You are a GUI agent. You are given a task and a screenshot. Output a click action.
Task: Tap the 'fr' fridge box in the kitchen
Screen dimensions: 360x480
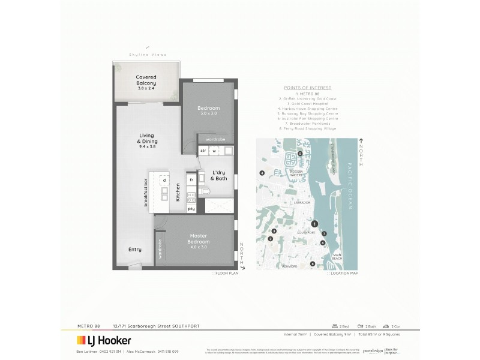[x=191, y=180]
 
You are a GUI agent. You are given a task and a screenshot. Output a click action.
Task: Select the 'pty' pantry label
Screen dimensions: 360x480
[x=191, y=209]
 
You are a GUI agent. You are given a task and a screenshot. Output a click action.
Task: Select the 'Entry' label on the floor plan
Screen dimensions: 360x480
[x=135, y=250]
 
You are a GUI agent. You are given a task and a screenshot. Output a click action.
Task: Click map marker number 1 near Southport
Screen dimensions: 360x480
[x=314, y=224]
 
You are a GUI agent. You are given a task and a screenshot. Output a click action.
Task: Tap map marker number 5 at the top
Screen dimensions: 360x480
[x=300, y=154]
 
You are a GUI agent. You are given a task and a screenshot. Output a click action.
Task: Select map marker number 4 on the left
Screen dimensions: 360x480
[x=262, y=173]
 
